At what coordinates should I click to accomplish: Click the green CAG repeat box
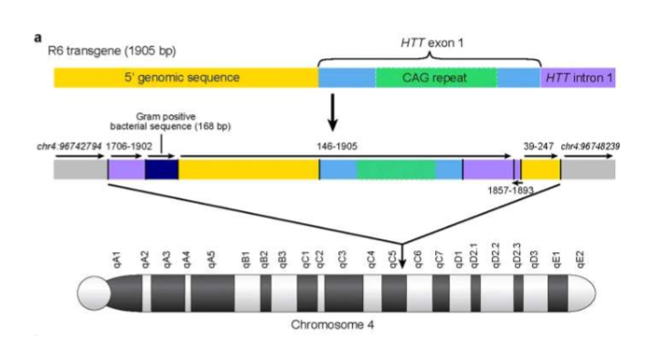point(435,78)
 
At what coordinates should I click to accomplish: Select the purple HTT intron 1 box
point(578,78)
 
